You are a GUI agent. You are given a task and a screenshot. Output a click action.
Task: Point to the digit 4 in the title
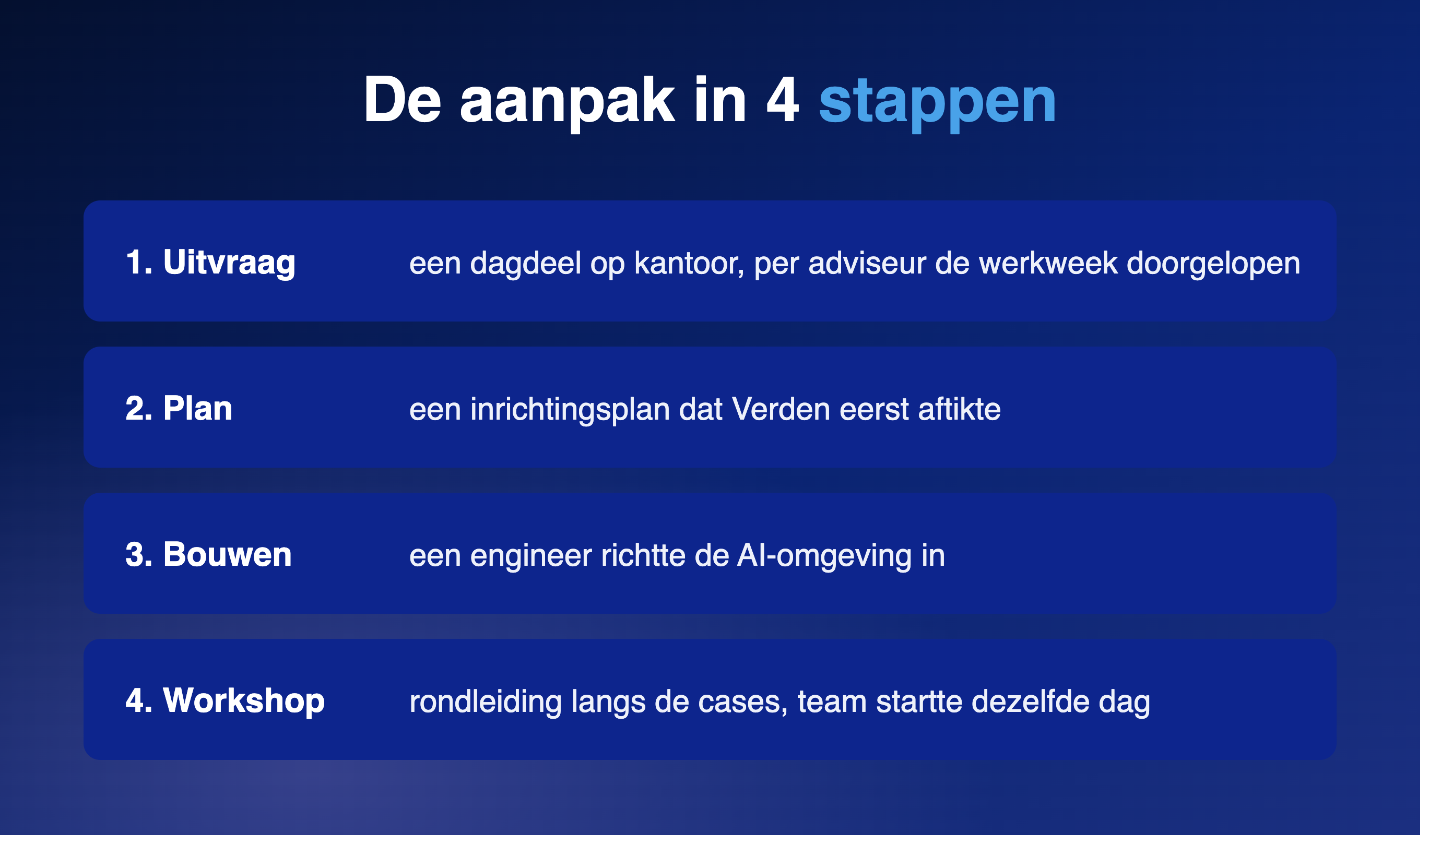(x=782, y=99)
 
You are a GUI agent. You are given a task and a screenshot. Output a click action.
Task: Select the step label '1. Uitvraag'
(x=210, y=263)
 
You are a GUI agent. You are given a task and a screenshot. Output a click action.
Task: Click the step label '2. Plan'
(x=179, y=408)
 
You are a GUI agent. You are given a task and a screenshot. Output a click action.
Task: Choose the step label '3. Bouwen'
(x=208, y=554)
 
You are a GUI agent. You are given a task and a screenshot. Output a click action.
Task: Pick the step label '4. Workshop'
(x=225, y=701)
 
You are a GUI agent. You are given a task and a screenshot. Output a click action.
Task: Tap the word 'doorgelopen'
(x=1213, y=264)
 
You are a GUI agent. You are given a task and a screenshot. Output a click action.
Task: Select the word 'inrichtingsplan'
(x=570, y=410)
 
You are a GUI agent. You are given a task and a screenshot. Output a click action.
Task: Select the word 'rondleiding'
(x=485, y=702)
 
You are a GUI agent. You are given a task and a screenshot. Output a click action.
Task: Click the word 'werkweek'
(x=1048, y=263)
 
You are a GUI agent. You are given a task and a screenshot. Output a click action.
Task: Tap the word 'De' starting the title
(x=402, y=99)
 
